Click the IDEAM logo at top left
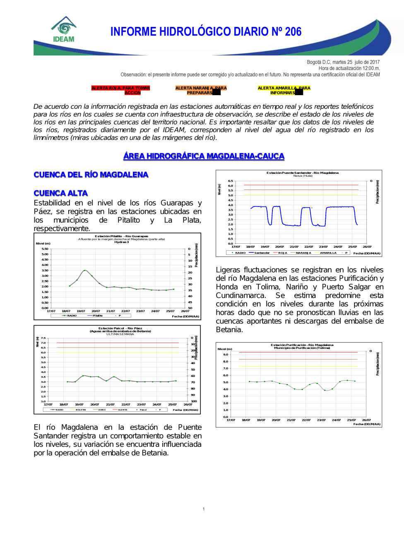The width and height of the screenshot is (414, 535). click(64, 30)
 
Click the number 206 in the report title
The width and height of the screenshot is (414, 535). click(293, 32)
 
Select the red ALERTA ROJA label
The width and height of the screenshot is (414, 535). click(120, 90)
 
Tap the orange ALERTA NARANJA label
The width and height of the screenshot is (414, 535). click(201, 90)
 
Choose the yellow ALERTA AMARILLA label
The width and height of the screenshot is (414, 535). click(284, 90)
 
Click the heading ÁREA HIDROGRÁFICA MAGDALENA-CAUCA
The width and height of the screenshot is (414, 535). click(204, 156)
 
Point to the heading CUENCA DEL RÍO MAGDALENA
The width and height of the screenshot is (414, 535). click(91, 175)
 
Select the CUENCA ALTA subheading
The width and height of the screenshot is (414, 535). click(61, 193)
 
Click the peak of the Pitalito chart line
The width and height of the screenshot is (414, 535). click(85, 270)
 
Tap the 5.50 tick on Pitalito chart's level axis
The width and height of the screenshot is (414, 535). click(45, 249)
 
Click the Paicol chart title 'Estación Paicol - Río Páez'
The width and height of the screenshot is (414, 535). click(120, 328)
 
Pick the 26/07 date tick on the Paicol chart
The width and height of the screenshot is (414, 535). click(188, 404)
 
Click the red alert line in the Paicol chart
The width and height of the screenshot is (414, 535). click(118, 343)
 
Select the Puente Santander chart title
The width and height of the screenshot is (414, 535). click(302, 173)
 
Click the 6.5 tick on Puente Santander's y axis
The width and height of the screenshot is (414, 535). click(230, 181)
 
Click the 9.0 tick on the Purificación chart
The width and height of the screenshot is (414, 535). click(226, 355)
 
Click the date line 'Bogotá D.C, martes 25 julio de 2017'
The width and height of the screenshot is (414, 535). click(343, 62)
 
